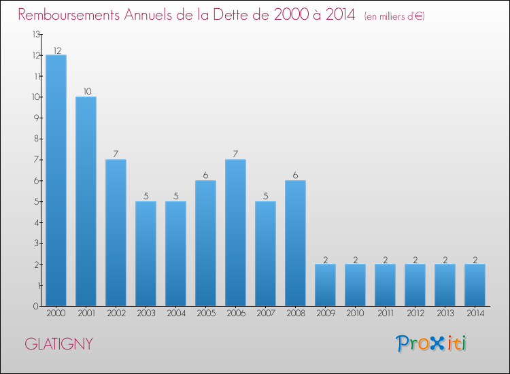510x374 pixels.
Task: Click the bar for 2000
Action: [56, 180]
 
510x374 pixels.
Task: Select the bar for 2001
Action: [86, 201]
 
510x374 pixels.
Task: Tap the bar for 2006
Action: [235, 233]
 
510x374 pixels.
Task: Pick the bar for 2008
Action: [295, 243]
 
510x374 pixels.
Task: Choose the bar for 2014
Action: [475, 285]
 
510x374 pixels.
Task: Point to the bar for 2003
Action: [146, 253]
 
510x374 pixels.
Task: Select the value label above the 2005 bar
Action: [205, 175]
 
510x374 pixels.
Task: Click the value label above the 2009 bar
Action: [325, 259]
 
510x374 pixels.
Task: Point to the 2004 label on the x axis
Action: [175, 313]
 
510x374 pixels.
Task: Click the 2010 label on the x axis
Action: [355, 313]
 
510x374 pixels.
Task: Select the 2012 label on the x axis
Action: [415, 313]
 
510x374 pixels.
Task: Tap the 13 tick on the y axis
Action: [35, 34]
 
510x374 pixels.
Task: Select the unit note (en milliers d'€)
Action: [394, 16]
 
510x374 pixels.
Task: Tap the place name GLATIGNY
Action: [58, 344]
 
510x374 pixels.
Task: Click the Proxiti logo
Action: [430, 343]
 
